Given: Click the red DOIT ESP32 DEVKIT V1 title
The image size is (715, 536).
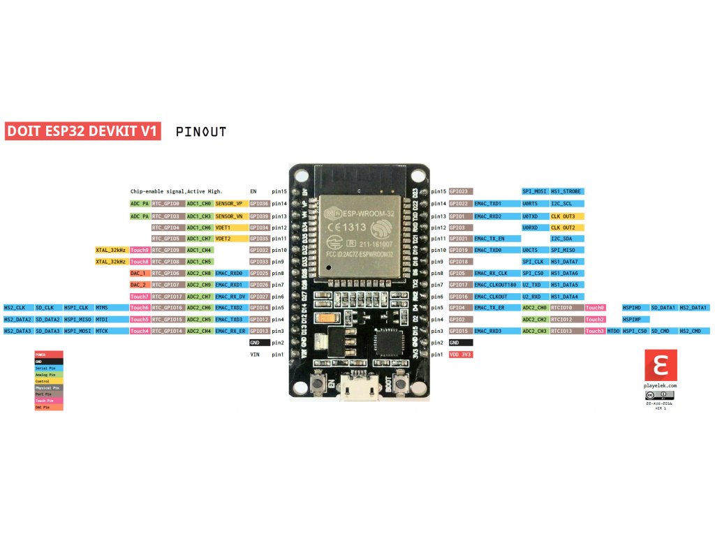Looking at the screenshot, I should pyautogui.click(x=83, y=131).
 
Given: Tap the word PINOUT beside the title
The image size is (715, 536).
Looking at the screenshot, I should pyautogui.click(x=201, y=131).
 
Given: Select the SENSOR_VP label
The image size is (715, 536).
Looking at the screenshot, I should pyautogui.click(x=228, y=204).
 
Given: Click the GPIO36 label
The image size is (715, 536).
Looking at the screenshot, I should pyautogui.click(x=259, y=204).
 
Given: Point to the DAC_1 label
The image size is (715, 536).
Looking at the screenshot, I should pyautogui.click(x=138, y=273).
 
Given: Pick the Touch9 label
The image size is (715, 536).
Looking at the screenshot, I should pyautogui.click(x=139, y=250).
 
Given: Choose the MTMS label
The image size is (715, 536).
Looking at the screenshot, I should pyautogui.click(x=102, y=308).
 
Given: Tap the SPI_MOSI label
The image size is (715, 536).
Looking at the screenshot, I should pyautogui.click(x=534, y=191).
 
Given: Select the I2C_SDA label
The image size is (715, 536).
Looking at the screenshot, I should pyautogui.click(x=561, y=239).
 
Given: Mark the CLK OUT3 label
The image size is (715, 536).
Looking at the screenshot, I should pyautogui.click(x=563, y=216).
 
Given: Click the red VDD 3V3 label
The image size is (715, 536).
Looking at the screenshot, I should pyautogui.click(x=461, y=355).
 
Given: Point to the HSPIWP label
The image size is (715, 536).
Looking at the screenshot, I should pyautogui.click(x=631, y=319).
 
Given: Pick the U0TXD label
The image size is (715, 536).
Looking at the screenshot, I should pyautogui.click(x=530, y=216).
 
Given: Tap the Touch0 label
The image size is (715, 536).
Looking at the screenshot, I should pyautogui.click(x=595, y=308).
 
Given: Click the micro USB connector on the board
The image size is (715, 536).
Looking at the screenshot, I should pyautogui.click(x=360, y=387).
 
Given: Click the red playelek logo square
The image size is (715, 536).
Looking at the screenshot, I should pyautogui.click(x=660, y=365).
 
